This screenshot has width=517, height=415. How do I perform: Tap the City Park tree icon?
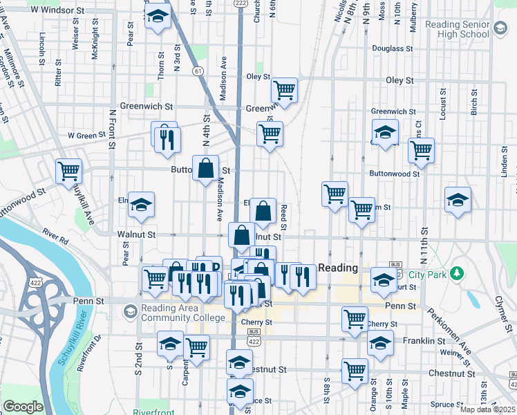coord(455,274)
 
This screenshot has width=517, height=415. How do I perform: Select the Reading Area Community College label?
coord(183,313)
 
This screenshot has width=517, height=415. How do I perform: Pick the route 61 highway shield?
coord(198,71)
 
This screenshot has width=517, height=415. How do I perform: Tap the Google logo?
coord(23,407)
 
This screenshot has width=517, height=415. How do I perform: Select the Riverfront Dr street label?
coord(90,352)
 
